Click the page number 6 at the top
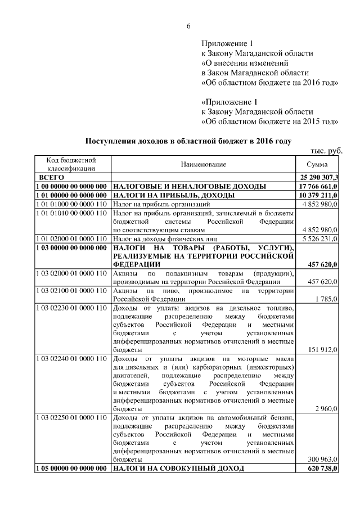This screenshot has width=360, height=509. click(x=188, y=26)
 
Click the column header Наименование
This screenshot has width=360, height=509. click(x=203, y=164)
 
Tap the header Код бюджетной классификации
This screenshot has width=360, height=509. click(x=71, y=164)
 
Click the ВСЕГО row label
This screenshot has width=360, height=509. click(x=51, y=177)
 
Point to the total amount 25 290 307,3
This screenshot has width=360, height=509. click(x=318, y=177)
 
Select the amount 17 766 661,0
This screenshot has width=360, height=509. click(x=319, y=186)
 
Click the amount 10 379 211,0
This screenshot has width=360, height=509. click(x=319, y=195)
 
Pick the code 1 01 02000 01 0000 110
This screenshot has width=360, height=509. click(x=71, y=238)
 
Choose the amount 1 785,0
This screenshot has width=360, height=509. click(x=326, y=299)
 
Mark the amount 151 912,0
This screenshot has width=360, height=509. click(x=323, y=349)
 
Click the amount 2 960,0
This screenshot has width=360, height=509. click(x=326, y=408)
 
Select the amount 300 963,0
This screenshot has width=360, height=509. click(x=323, y=459)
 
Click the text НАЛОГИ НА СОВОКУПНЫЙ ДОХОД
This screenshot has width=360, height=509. click(x=179, y=468)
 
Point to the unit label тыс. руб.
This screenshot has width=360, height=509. click(x=326, y=151)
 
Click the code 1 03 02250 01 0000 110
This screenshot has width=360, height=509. click(x=71, y=417)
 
